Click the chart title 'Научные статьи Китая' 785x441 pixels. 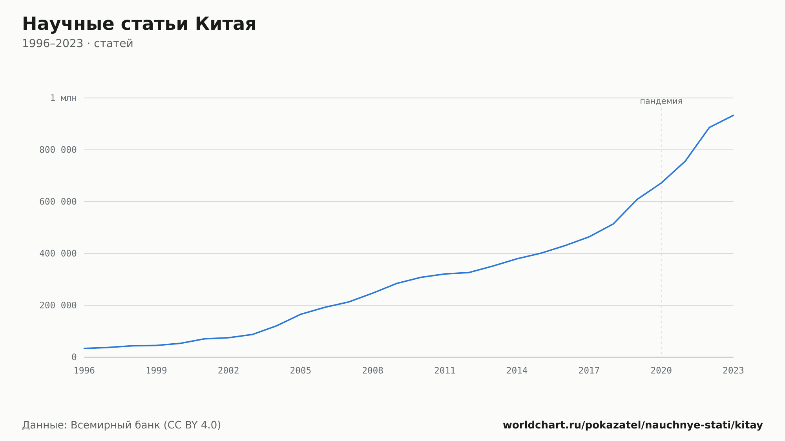(139, 24)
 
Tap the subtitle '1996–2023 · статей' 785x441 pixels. (78, 44)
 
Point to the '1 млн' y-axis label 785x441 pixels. (63, 98)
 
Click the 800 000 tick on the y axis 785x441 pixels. (58, 150)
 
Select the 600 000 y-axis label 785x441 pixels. (58, 202)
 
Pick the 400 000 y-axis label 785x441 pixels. (58, 253)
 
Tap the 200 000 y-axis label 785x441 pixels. (58, 305)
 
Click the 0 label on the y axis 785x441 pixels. (74, 357)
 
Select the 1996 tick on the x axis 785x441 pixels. (84, 371)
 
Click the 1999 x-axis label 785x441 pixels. (156, 371)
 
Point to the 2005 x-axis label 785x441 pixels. (301, 371)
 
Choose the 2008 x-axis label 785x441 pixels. (373, 371)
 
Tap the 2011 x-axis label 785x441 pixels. (445, 371)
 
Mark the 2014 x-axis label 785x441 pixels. (517, 371)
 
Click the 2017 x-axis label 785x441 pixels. (589, 371)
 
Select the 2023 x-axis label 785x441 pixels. (733, 371)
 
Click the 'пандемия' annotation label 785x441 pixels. (661, 102)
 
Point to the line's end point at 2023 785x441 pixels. (733, 115)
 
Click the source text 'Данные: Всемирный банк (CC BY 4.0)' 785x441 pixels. (122, 425)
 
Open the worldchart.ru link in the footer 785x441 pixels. (633, 425)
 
